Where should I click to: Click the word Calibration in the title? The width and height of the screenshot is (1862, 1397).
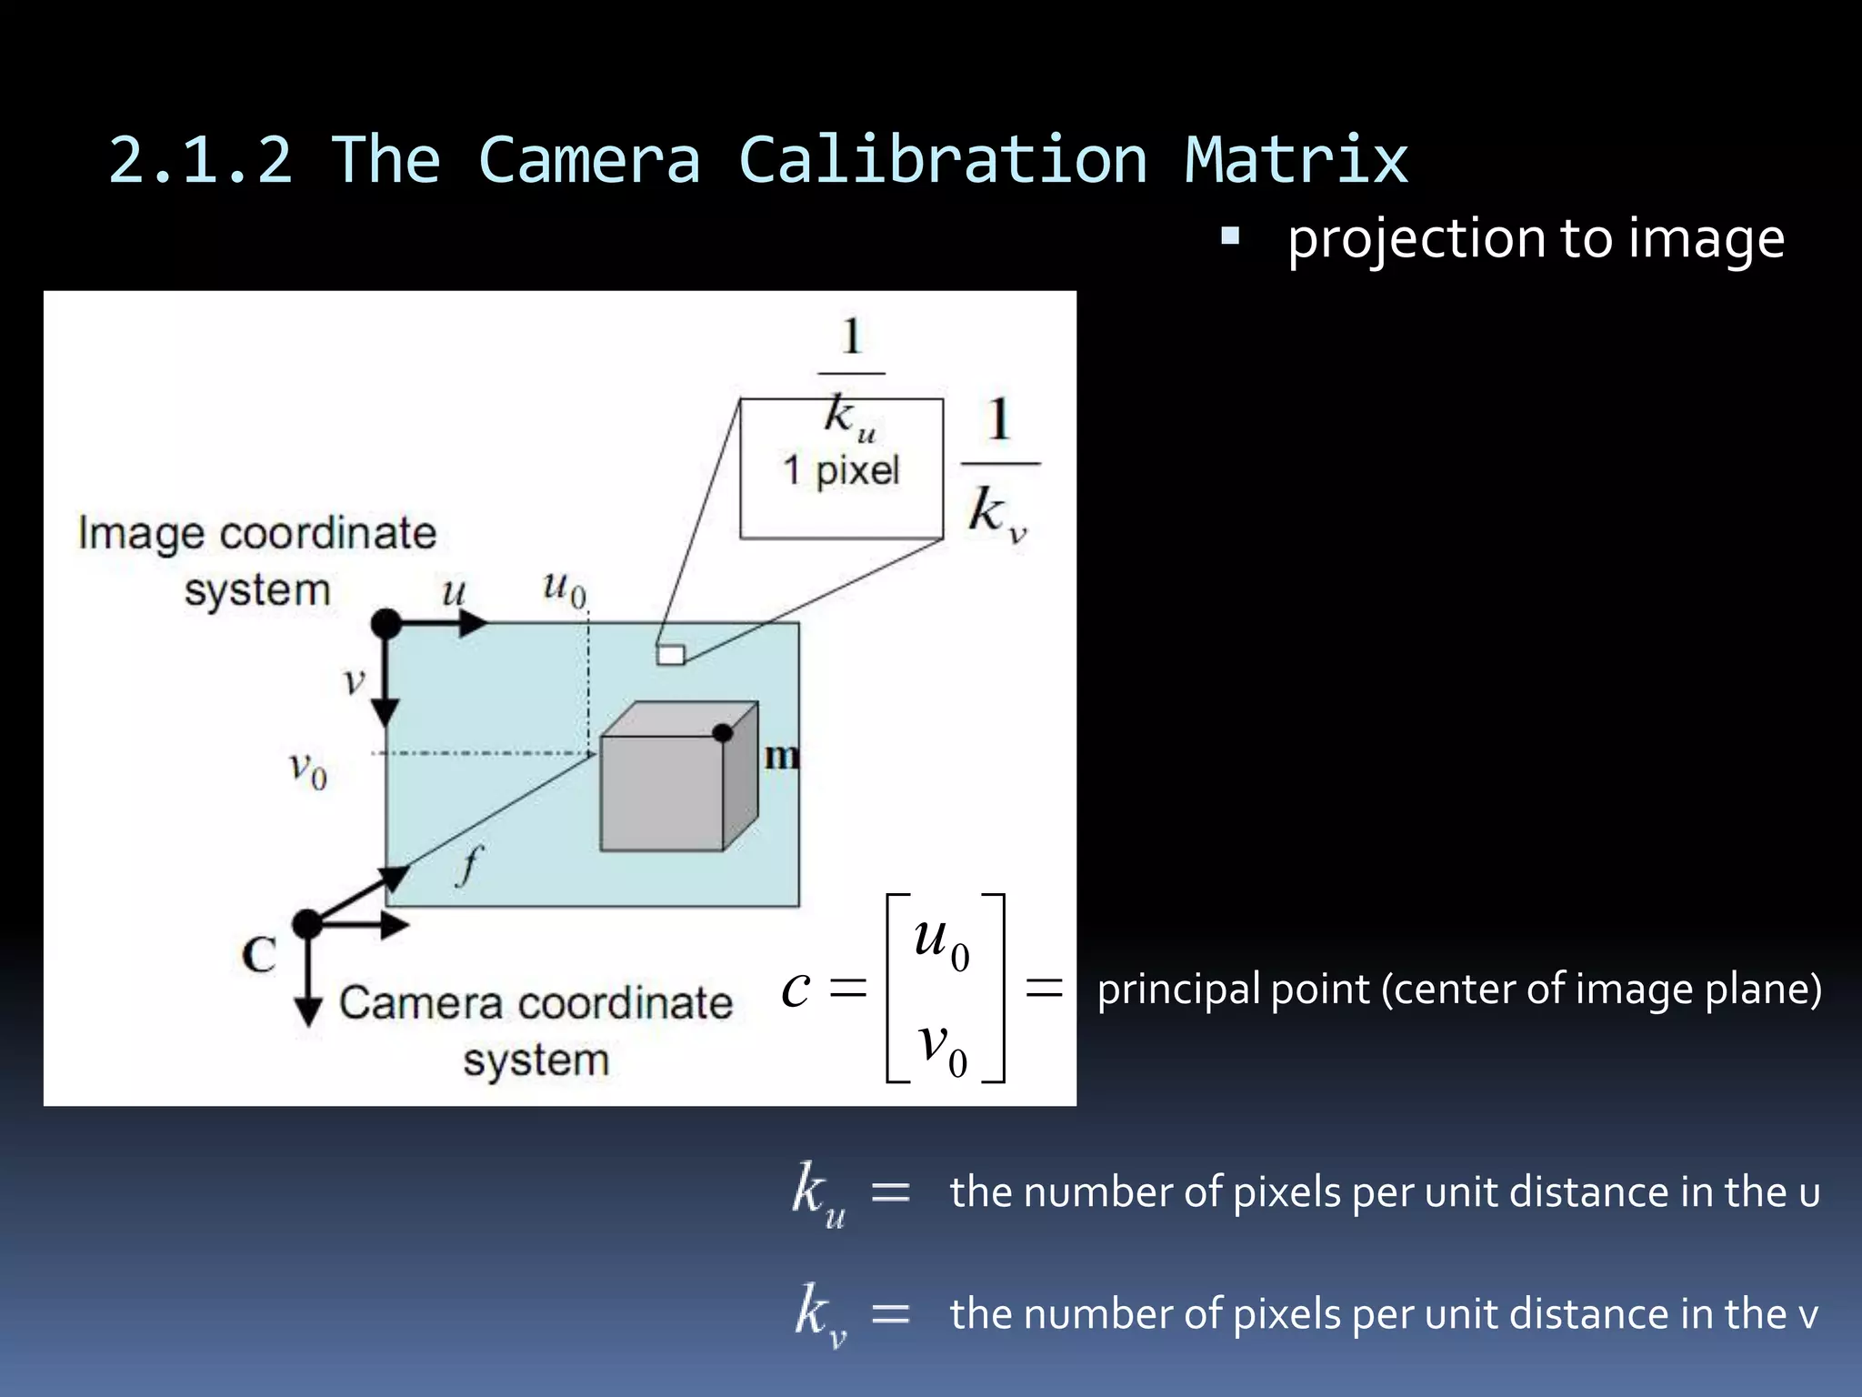(943, 160)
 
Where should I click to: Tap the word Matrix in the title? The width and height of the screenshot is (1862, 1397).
(1296, 160)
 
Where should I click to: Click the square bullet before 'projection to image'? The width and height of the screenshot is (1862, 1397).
(1230, 237)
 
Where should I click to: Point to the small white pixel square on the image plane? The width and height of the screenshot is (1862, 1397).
(671, 655)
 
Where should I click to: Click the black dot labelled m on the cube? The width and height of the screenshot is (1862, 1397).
(723, 733)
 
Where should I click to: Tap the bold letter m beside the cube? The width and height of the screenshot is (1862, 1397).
(781, 756)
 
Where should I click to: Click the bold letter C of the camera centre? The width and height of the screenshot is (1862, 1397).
(259, 955)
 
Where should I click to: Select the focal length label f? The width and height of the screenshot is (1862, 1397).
(468, 864)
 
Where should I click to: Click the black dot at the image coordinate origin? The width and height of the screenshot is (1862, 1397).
(386, 624)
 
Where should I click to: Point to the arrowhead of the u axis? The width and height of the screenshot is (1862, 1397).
(473, 624)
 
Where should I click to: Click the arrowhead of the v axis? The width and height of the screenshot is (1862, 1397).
(386, 714)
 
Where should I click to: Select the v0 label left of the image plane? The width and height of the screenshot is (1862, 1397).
(308, 770)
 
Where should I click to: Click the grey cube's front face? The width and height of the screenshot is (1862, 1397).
(661, 793)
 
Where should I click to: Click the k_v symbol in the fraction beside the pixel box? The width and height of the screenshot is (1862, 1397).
(996, 512)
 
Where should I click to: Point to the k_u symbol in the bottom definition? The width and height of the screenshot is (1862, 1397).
(818, 1193)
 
